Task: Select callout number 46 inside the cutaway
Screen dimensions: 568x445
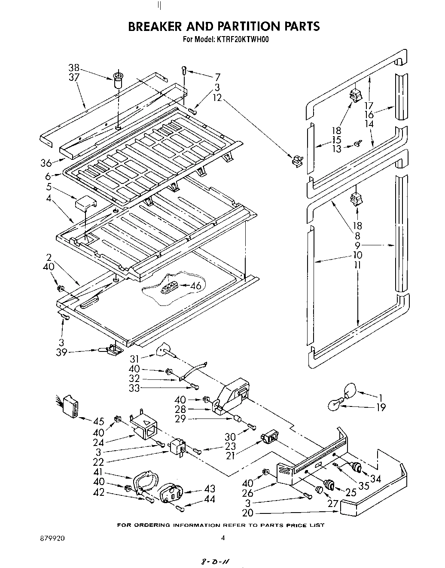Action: [x=195, y=286]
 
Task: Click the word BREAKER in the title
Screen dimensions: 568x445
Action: [x=154, y=26]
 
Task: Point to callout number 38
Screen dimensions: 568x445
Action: [x=74, y=67]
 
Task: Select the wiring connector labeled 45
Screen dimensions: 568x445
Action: [x=70, y=406]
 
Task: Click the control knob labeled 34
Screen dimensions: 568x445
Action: [x=356, y=467]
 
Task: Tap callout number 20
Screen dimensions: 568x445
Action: [x=248, y=513]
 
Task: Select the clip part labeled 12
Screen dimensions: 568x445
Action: [x=296, y=160]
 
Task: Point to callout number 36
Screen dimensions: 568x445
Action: [x=46, y=163]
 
